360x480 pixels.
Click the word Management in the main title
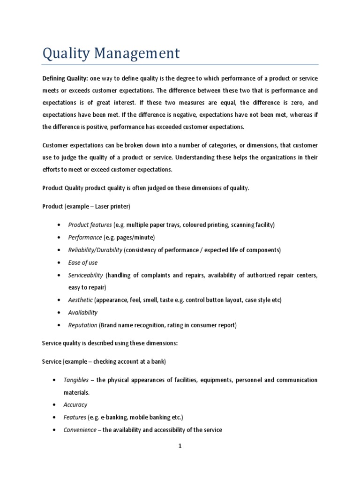point(140,53)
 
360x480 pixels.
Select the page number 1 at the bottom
point(180,447)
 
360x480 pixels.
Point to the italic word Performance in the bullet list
point(85,237)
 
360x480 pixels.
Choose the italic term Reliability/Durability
point(95,250)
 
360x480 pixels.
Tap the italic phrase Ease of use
point(83,262)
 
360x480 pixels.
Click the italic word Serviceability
point(85,275)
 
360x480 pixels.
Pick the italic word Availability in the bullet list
point(83,312)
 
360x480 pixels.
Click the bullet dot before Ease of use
point(58,262)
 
